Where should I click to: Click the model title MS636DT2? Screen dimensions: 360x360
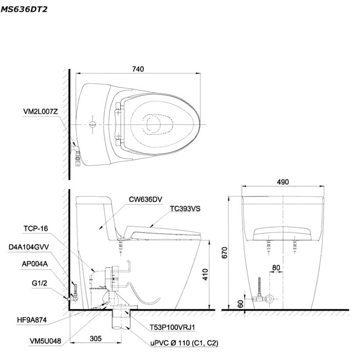point(24,9)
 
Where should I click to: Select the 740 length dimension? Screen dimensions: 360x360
point(138,69)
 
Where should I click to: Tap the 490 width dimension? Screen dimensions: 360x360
point(283,182)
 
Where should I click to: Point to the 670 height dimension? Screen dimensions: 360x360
point(225,253)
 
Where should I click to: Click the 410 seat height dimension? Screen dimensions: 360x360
point(205,274)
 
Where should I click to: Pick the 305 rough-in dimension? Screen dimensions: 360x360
point(96,338)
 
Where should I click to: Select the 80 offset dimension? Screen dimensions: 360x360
point(276,268)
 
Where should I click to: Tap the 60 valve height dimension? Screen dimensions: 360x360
point(240,304)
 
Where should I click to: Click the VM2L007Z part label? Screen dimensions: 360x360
point(41,112)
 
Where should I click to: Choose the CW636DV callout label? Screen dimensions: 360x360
point(146,200)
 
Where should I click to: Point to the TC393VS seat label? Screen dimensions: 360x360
point(185,209)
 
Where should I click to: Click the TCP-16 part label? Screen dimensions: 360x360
point(35,229)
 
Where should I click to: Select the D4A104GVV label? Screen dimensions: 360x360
point(29,247)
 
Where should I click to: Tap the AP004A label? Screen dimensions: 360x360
point(34,264)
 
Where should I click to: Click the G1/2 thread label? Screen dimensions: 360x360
point(40,283)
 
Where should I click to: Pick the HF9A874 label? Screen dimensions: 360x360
point(32,320)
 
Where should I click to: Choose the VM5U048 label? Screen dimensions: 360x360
point(45,341)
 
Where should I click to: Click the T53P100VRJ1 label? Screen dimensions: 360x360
point(172,328)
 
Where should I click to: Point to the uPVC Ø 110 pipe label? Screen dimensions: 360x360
point(184,343)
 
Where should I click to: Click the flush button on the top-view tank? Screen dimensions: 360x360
point(93,124)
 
